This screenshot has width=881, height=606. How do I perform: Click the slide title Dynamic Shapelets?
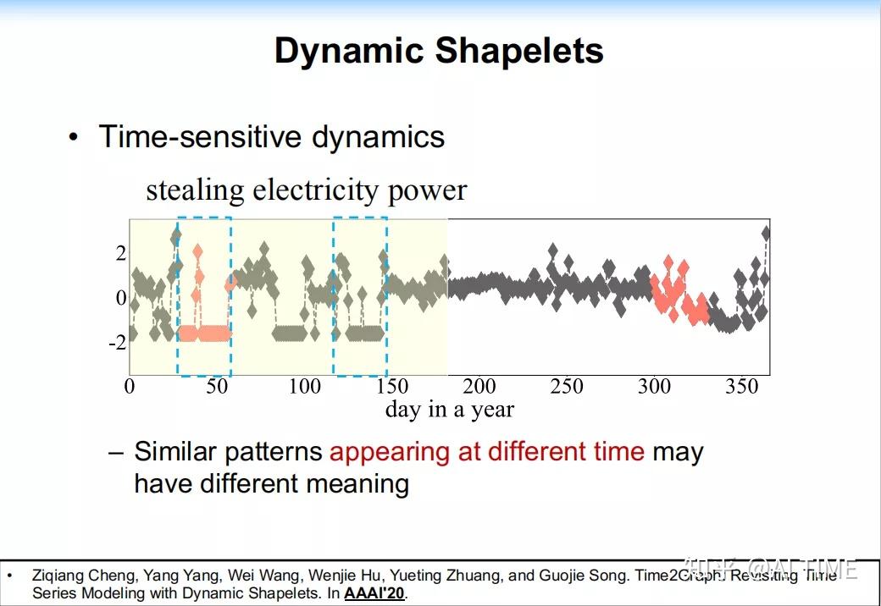tap(439, 51)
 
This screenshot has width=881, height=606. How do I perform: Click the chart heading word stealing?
tap(196, 190)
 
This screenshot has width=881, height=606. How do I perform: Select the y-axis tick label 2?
tap(121, 253)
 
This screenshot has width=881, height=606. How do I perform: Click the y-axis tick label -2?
tap(117, 343)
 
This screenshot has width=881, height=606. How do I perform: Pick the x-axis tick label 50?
tap(217, 387)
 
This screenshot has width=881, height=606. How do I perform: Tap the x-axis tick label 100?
tap(304, 387)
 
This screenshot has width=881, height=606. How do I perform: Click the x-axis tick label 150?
tap(391, 387)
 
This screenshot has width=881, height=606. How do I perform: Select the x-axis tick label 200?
tap(479, 387)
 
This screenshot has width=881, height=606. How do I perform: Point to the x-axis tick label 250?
tap(567, 387)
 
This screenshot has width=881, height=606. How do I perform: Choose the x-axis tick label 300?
tap(654, 387)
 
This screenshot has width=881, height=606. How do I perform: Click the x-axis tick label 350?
tap(741, 387)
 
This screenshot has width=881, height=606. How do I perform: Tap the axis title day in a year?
tap(449, 410)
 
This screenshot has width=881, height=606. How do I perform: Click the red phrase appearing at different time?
tap(487, 452)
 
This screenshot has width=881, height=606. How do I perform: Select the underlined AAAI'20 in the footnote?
tap(374, 593)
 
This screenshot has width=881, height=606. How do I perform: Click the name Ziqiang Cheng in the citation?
tap(80, 576)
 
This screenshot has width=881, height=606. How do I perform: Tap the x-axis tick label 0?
tap(130, 387)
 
